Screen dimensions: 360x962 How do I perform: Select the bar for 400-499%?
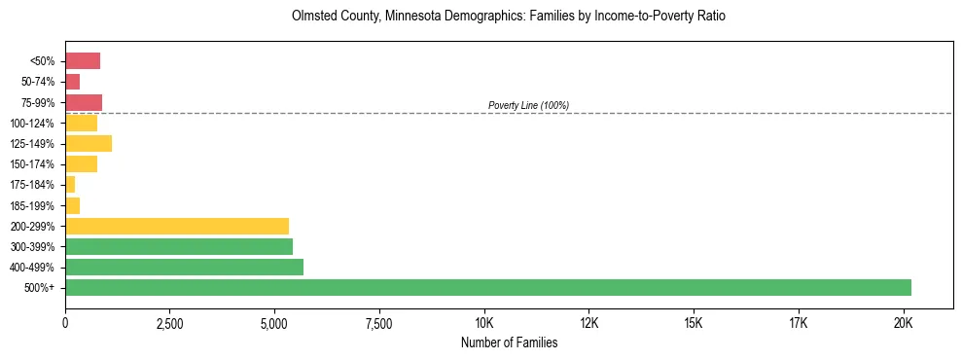(184, 267)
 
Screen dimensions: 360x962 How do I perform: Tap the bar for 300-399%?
(179, 246)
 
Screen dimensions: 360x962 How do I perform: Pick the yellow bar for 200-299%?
(177, 226)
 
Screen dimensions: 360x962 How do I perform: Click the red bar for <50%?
(83, 61)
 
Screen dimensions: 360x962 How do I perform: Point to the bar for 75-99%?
(84, 102)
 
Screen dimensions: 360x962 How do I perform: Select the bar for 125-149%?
(89, 143)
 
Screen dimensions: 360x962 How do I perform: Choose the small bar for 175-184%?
(70, 184)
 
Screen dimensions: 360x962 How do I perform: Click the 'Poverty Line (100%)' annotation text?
(528, 105)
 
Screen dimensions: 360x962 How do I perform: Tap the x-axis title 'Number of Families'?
(509, 342)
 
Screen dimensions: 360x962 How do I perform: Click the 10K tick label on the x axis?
(484, 322)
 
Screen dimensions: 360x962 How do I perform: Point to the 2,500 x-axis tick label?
(169, 322)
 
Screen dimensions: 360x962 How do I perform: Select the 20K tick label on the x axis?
(903, 322)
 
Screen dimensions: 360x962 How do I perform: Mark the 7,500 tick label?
(379, 322)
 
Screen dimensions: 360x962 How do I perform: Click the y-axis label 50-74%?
(40, 82)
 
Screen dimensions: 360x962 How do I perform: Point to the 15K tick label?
(694, 322)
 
